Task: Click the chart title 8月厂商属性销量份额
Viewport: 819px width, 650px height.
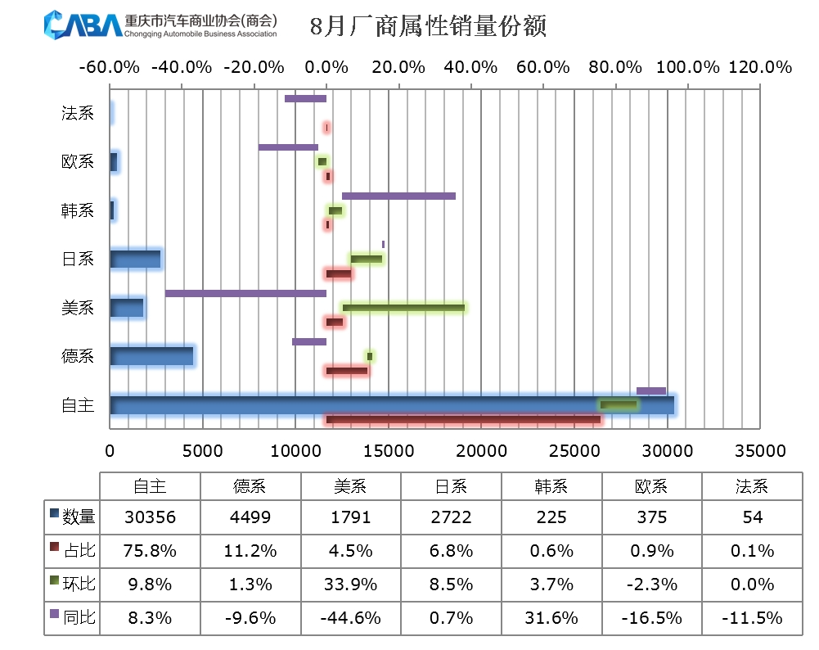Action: (428, 27)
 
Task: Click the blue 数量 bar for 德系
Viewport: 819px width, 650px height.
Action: (151, 356)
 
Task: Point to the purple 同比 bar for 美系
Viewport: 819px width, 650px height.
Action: (245, 293)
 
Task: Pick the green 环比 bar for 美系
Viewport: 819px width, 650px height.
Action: (403, 308)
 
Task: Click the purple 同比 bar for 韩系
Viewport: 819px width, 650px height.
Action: (398, 196)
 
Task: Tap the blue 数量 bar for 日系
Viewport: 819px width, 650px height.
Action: (135, 260)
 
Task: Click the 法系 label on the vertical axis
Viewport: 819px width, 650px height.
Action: (78, 114)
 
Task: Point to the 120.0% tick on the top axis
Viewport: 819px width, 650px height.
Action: (762, 67)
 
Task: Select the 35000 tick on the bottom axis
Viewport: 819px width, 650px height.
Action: (761, 451)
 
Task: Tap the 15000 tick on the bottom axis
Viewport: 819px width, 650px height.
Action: (389, 451)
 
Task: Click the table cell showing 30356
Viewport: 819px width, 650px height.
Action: (150, 517)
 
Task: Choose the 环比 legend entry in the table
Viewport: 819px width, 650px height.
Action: (73, 585)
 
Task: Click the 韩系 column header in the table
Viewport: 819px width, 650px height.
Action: (551, 486)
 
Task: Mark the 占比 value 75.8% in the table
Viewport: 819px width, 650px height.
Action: (150, 551)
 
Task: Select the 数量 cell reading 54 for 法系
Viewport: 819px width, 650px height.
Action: (751, 517)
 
